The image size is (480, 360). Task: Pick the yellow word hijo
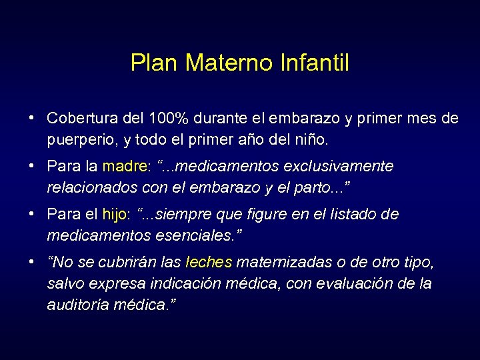pos(115,215)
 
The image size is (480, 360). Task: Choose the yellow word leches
pos(209,262)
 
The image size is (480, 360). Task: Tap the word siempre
pos(181,215)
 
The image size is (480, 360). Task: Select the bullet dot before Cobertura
pos(32,118)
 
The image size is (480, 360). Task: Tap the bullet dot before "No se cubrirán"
pos(32,261)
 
